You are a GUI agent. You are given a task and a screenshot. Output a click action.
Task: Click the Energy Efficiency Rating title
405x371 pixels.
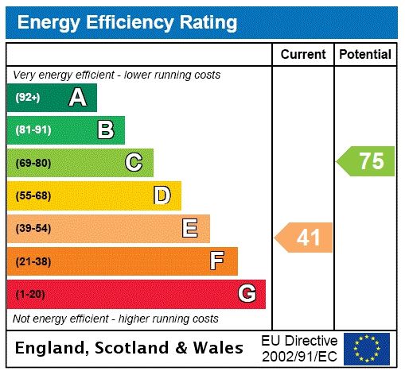[127, 22]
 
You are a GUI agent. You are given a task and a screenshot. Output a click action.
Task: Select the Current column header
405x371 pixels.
[303, 55]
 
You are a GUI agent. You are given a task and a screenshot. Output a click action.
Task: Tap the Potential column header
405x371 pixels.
[365, 55]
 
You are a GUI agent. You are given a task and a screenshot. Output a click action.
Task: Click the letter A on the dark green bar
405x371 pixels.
[77, 98]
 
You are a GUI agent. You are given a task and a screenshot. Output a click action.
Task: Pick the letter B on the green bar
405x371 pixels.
[105, 129]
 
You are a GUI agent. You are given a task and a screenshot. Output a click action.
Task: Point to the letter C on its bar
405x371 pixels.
[134, 163]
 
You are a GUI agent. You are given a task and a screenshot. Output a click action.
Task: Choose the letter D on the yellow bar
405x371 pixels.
[162, 195]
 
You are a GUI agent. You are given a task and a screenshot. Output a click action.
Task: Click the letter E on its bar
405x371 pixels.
[189, 229]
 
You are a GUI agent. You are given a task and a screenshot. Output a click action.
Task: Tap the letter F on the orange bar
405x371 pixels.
[217, 261]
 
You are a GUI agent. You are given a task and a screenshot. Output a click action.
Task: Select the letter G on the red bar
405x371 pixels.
[247, 294]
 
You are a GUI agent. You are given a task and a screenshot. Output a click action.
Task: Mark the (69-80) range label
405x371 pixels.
[33, 163]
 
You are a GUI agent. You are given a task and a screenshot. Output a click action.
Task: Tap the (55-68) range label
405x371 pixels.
[33, 195]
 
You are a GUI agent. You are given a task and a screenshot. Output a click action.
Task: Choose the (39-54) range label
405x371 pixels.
[33, 229]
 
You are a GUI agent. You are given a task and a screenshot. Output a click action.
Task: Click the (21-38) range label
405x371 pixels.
[33, 261]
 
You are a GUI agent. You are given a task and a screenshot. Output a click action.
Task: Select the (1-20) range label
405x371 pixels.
[30, 294]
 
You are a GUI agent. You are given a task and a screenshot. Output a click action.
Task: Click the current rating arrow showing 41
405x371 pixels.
[305, 237]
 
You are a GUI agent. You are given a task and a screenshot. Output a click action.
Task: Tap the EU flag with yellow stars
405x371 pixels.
[367, 348]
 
